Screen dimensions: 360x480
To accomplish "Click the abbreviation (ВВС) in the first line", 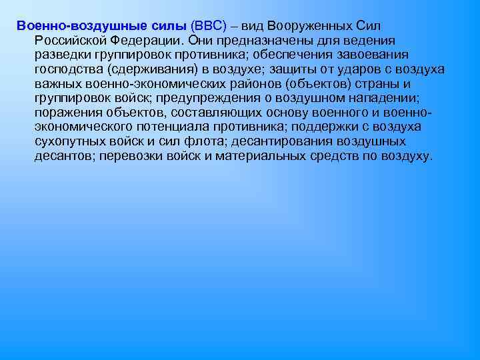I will pyautogui.click(x=208, y=25).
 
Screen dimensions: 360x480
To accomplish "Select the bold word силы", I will pyautogui.click(x=165, y=25).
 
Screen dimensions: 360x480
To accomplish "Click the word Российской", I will pyautogui.click(x=70, y=39).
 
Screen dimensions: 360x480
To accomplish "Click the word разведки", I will pyautogui.click(x=61, y=54).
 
